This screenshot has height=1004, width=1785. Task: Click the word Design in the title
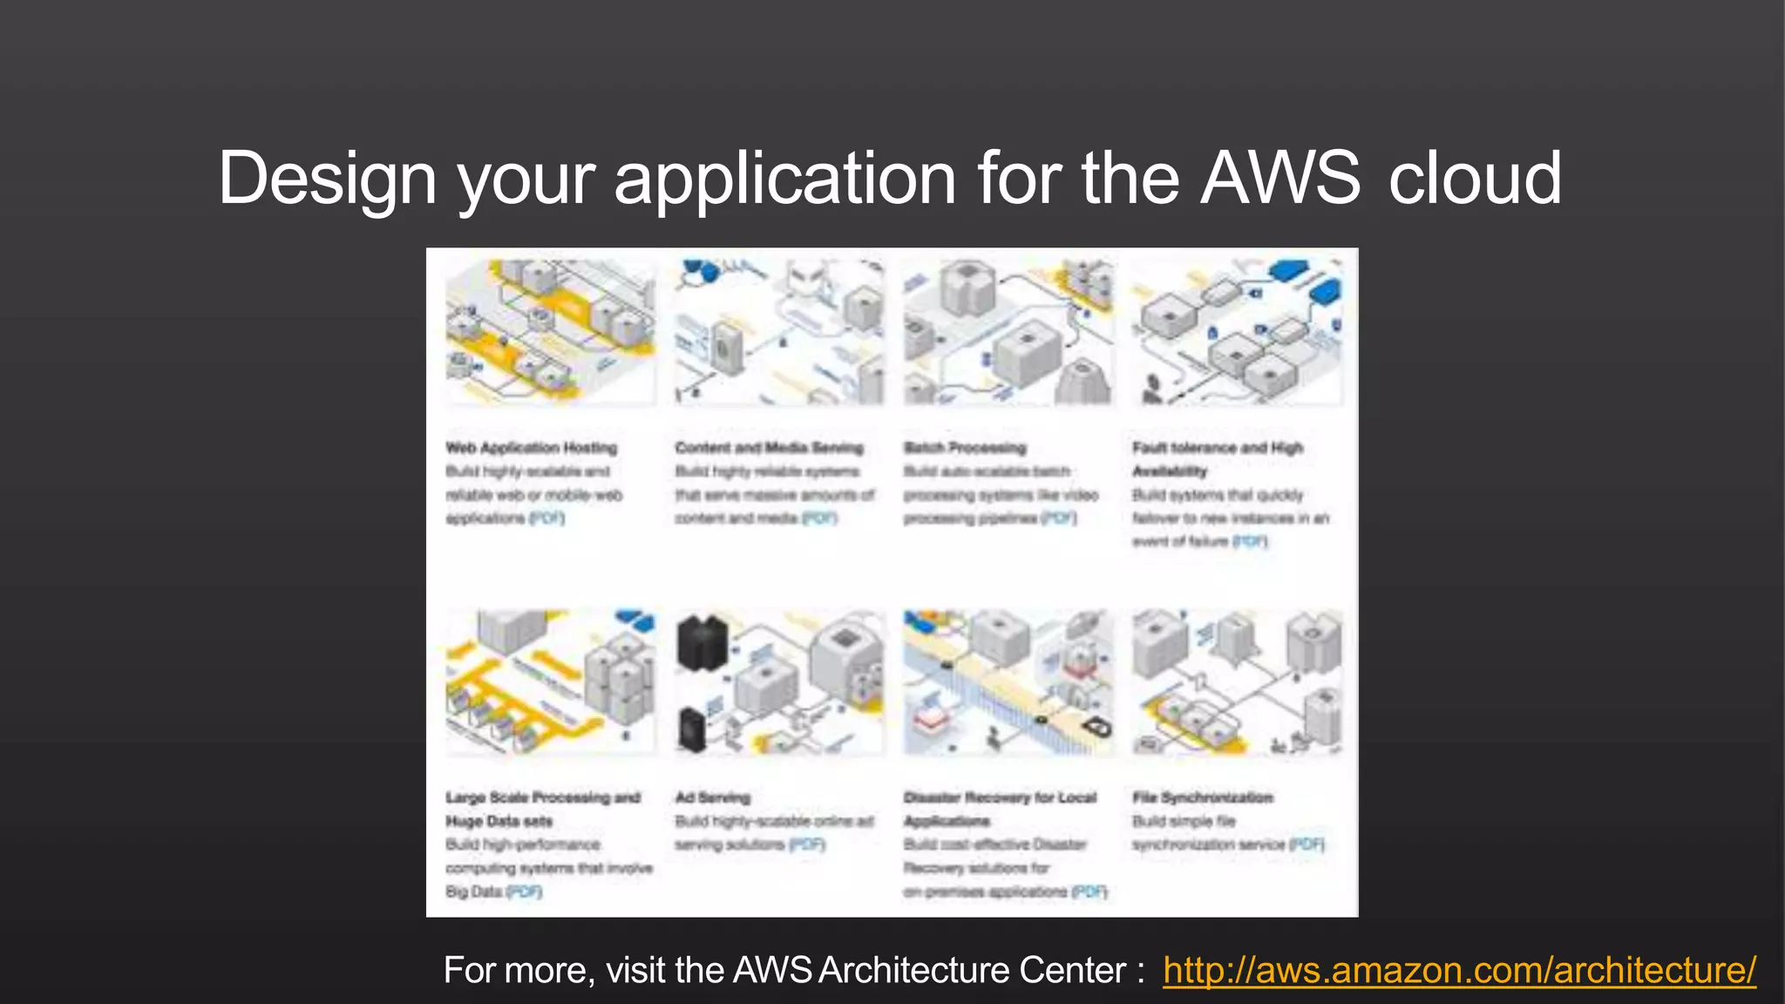click(327, 179)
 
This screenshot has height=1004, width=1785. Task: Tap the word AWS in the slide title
click(1279, 179)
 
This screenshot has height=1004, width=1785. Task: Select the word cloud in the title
click(1475, 179)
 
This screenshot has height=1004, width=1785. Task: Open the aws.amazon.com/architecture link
click(1459, 971)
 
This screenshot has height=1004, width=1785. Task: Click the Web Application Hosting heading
click(532, 448)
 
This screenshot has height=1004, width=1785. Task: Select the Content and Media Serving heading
click(769, 448)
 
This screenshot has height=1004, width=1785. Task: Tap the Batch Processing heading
click(965, 448)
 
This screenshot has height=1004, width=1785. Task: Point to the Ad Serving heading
click(712, 797)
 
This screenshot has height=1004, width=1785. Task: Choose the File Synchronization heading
click(1203, 797)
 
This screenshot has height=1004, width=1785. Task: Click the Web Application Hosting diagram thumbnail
click(550, 332)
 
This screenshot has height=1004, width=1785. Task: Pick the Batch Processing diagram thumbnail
click(1008, 332)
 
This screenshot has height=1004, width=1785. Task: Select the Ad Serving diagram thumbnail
click(779, 682)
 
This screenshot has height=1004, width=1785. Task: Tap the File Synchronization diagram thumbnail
click(1237, 682)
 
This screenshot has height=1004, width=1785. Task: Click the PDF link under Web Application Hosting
click(546, 519)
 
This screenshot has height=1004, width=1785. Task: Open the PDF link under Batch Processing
click(1059, 519)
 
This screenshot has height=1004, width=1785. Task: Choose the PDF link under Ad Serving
click(807, 845)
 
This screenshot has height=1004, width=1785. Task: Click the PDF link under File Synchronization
click(1307, 845)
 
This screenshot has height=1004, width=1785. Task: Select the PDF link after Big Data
click(524, 892)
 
